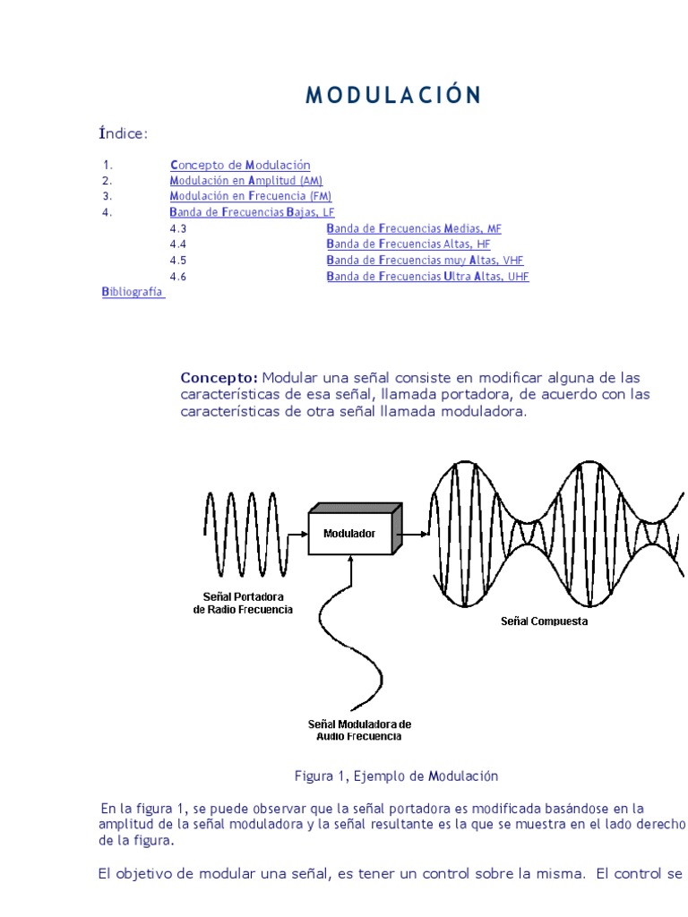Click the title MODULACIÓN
[x=393, y=96]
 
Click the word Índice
[x=123, y=134]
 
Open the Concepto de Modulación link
[x=240, y=165]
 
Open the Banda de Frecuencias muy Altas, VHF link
[x=425, y=261]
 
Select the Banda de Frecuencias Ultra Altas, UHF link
[x=427, y=277]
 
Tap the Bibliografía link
[x=133, y=292]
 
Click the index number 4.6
[x=177, y=277]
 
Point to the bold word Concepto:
[x=219, y=378]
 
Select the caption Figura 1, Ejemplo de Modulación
[x=396, y=776]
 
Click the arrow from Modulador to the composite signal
[x=414, y=534]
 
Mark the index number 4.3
[x=177, y=228]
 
